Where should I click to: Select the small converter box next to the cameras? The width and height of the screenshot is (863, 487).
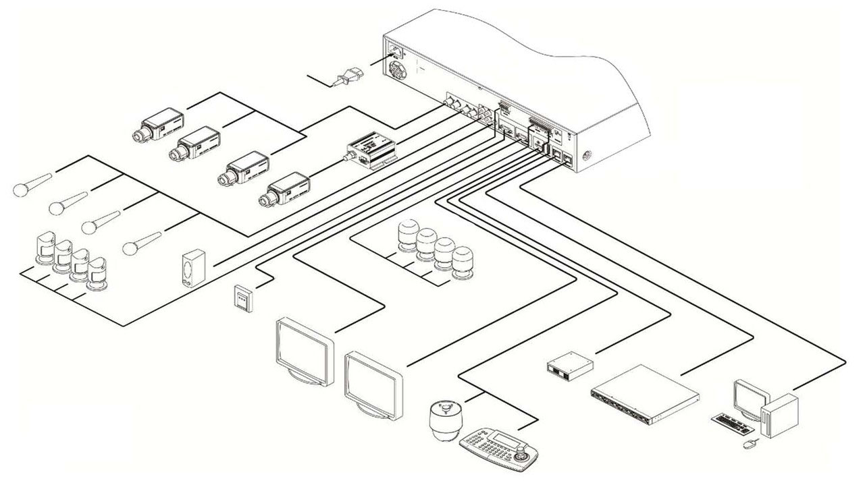tap(370, 152)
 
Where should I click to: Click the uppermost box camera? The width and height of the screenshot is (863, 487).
tap(159, 126)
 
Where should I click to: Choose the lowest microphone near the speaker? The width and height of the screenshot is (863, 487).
tap(142, 241)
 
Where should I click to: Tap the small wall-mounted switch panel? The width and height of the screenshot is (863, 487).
tap(242, 297)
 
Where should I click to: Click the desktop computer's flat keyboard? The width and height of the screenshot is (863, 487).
tap(734, 423)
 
